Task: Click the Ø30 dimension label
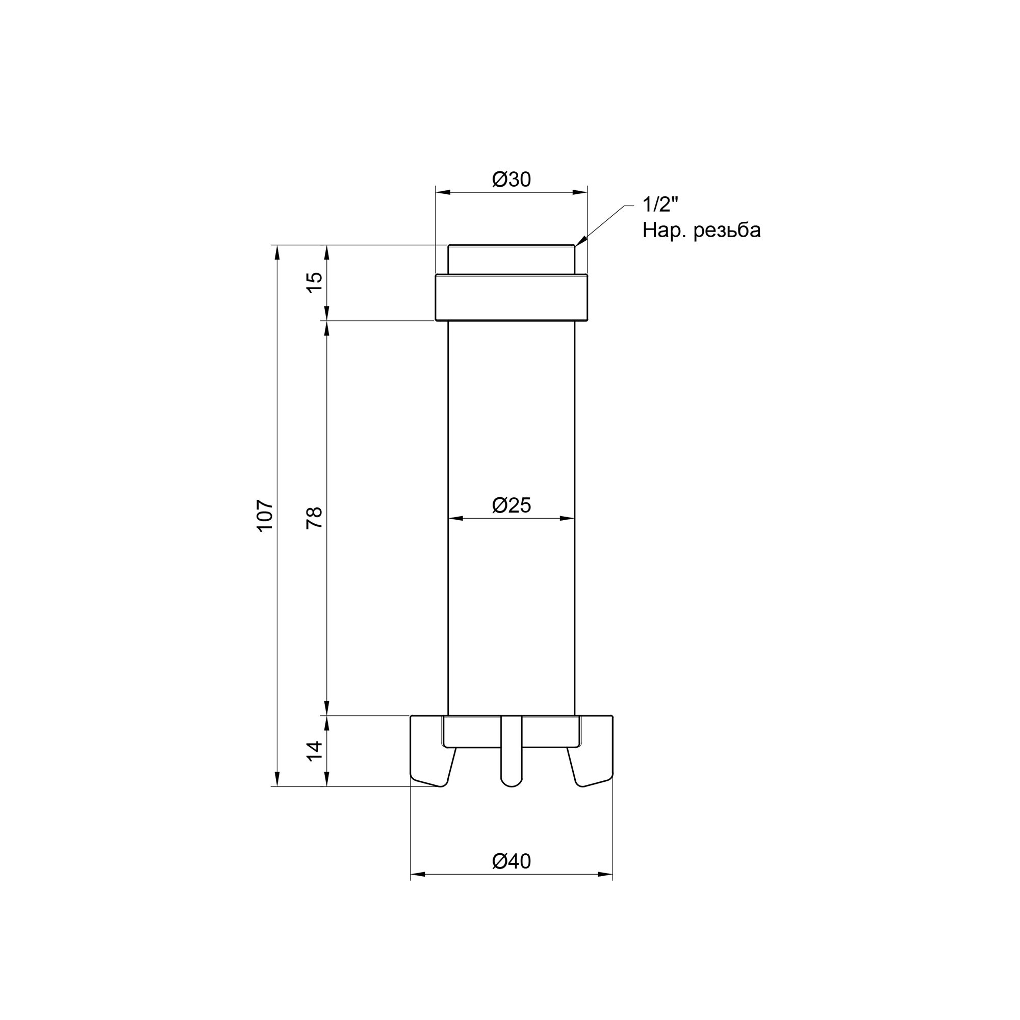511,180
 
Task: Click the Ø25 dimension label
511,506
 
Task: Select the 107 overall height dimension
266,515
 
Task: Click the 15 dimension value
315,283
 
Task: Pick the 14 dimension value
315,751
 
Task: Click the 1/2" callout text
659,205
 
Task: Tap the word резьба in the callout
728,231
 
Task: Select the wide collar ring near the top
511,297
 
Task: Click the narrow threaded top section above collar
511,259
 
